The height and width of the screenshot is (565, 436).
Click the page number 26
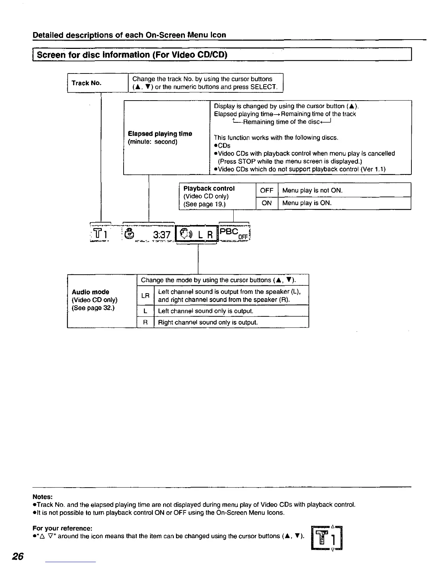click(x=17, y=556)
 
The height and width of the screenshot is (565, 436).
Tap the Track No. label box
click(x=87, y=83)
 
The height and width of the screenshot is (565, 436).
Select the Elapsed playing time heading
click(x=160, y=134)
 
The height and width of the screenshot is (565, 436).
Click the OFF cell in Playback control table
click(x=266, y=190)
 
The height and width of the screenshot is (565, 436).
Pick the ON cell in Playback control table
click(x=266, y=203)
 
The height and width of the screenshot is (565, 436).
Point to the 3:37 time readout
click(x=162, y=235)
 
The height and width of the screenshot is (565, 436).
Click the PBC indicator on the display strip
click(x=229, y=232)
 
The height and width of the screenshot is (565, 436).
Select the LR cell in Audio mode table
click(x=145, y=296)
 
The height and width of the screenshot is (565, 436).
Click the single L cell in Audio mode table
click(x=145, y=311)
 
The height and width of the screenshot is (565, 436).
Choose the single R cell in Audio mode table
click(x=145, y=322)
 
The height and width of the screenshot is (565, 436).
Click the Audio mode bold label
click(x=90, y=292)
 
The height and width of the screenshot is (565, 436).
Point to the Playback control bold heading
click(x=209, y=188)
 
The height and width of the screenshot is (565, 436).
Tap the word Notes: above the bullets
click(x=42, y=497)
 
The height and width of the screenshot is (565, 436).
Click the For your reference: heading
click(x=62, y=528)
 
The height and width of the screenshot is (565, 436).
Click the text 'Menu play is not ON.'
click(x=312, y=190)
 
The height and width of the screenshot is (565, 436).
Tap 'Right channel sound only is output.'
click(x=208, y=322)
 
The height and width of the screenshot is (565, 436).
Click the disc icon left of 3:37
click(x=130, y=234)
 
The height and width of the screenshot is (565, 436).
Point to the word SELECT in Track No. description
click(x=264, y=87)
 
